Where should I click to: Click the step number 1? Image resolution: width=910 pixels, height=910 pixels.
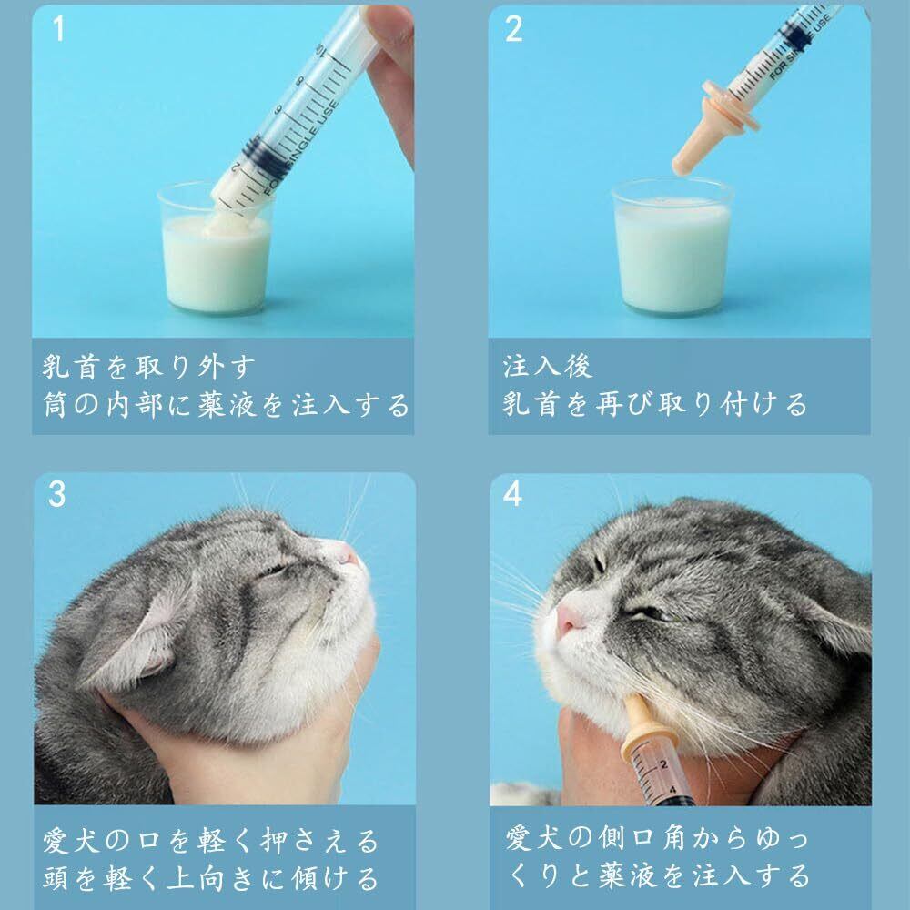coord(58,28)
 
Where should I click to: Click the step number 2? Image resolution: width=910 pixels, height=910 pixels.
coord(513,28)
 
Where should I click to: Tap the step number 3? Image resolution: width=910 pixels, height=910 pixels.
coord(56,494)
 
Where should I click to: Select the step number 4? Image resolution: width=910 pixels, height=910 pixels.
coord(512,494)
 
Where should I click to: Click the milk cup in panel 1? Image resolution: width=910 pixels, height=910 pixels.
coord(216,248)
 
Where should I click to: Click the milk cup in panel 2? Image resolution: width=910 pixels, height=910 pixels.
coord(672,247)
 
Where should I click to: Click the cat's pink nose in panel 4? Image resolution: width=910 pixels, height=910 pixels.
coord(568,619)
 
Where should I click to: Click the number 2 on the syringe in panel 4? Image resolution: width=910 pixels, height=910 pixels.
coord(664,765)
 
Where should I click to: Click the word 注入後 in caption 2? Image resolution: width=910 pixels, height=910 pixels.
coord(547,366)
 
